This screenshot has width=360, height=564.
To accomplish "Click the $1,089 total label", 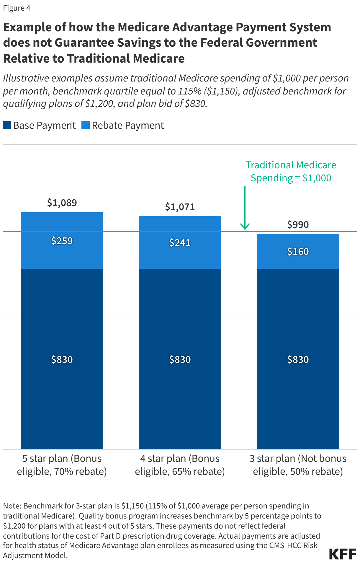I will pos(62,203).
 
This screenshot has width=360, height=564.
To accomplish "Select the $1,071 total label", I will pos(180,207).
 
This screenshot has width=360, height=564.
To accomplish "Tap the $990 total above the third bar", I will pos(298,225).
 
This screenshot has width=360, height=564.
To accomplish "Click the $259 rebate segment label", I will pos(62,241).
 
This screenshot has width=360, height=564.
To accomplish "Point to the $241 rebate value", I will pos(180,243).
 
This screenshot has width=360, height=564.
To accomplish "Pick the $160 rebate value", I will pos(298,252).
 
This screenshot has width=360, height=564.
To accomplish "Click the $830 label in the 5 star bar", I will pos(62,360).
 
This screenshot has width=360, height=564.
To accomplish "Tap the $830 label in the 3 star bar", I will pos(298,360).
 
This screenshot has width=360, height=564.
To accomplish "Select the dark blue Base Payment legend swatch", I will pos(7,125).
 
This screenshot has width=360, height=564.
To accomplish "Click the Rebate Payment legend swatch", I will pos(86,125).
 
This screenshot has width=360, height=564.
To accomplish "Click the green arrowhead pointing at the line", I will pos(245,227).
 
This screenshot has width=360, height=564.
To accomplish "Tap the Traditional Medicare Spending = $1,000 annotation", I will pos(291,171).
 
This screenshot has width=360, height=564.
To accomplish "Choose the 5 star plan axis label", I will pos(62,465).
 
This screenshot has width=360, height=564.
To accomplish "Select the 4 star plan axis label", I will pos(180,465).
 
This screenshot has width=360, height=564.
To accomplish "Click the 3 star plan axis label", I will pos(298,465).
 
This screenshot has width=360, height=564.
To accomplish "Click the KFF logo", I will pos(343,554).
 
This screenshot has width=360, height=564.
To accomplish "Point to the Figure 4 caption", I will pos(17,8).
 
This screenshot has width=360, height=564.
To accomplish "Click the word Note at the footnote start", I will pos(12,506).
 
